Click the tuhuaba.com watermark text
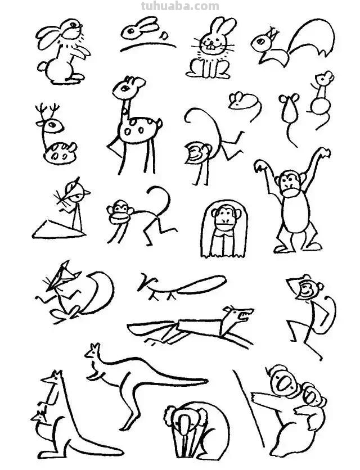(x=180, y=6)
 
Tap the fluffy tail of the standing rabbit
(x=42, y=66)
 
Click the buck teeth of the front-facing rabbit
(x=211, y=46)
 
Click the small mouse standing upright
(x=322, y=99)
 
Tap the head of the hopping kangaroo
(x=93, y=351)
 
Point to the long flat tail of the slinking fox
(x=201, y=284)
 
